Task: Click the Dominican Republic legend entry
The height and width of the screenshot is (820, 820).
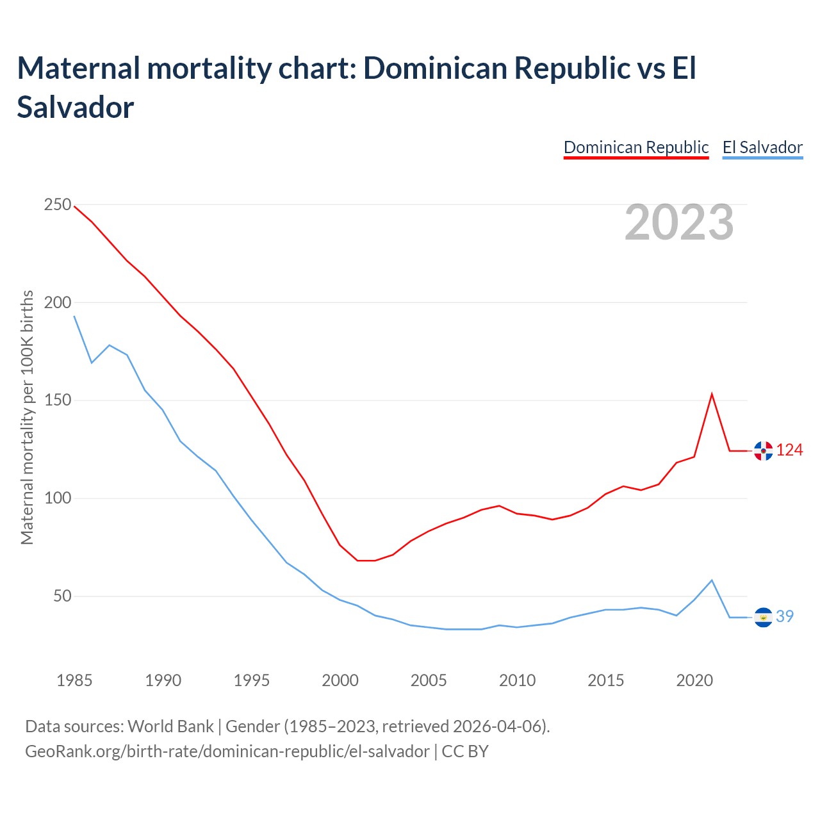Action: (636, 147)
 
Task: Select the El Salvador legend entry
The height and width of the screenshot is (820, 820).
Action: (762, 147)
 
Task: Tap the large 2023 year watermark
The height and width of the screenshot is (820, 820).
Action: (679, 222)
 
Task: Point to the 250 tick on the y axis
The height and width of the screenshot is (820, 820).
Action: (58, 205)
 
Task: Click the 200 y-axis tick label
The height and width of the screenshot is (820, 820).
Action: (58, 302)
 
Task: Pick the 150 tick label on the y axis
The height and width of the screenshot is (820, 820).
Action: (58, 400)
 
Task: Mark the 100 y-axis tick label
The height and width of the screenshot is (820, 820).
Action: (58, 498)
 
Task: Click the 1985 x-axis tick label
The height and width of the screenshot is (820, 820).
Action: (74, 680)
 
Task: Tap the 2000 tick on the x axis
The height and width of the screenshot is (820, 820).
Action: (340, 680)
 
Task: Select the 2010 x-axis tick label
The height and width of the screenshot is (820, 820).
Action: (517, 680)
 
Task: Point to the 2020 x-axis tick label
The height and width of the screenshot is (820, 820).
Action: (694, 680)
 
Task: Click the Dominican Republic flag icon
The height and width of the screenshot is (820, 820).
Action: (763, 451)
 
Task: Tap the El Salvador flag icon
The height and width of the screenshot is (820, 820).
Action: (763, 617)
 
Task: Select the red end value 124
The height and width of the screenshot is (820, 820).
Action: (790, 450)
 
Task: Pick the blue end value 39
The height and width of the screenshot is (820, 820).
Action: (785, 616)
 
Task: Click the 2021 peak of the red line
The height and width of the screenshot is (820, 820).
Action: (712, 394)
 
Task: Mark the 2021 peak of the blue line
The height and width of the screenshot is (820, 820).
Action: (712, 580)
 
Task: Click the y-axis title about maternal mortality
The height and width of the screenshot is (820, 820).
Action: (27, 418)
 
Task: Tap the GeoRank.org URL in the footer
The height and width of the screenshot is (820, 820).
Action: (227, 751)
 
